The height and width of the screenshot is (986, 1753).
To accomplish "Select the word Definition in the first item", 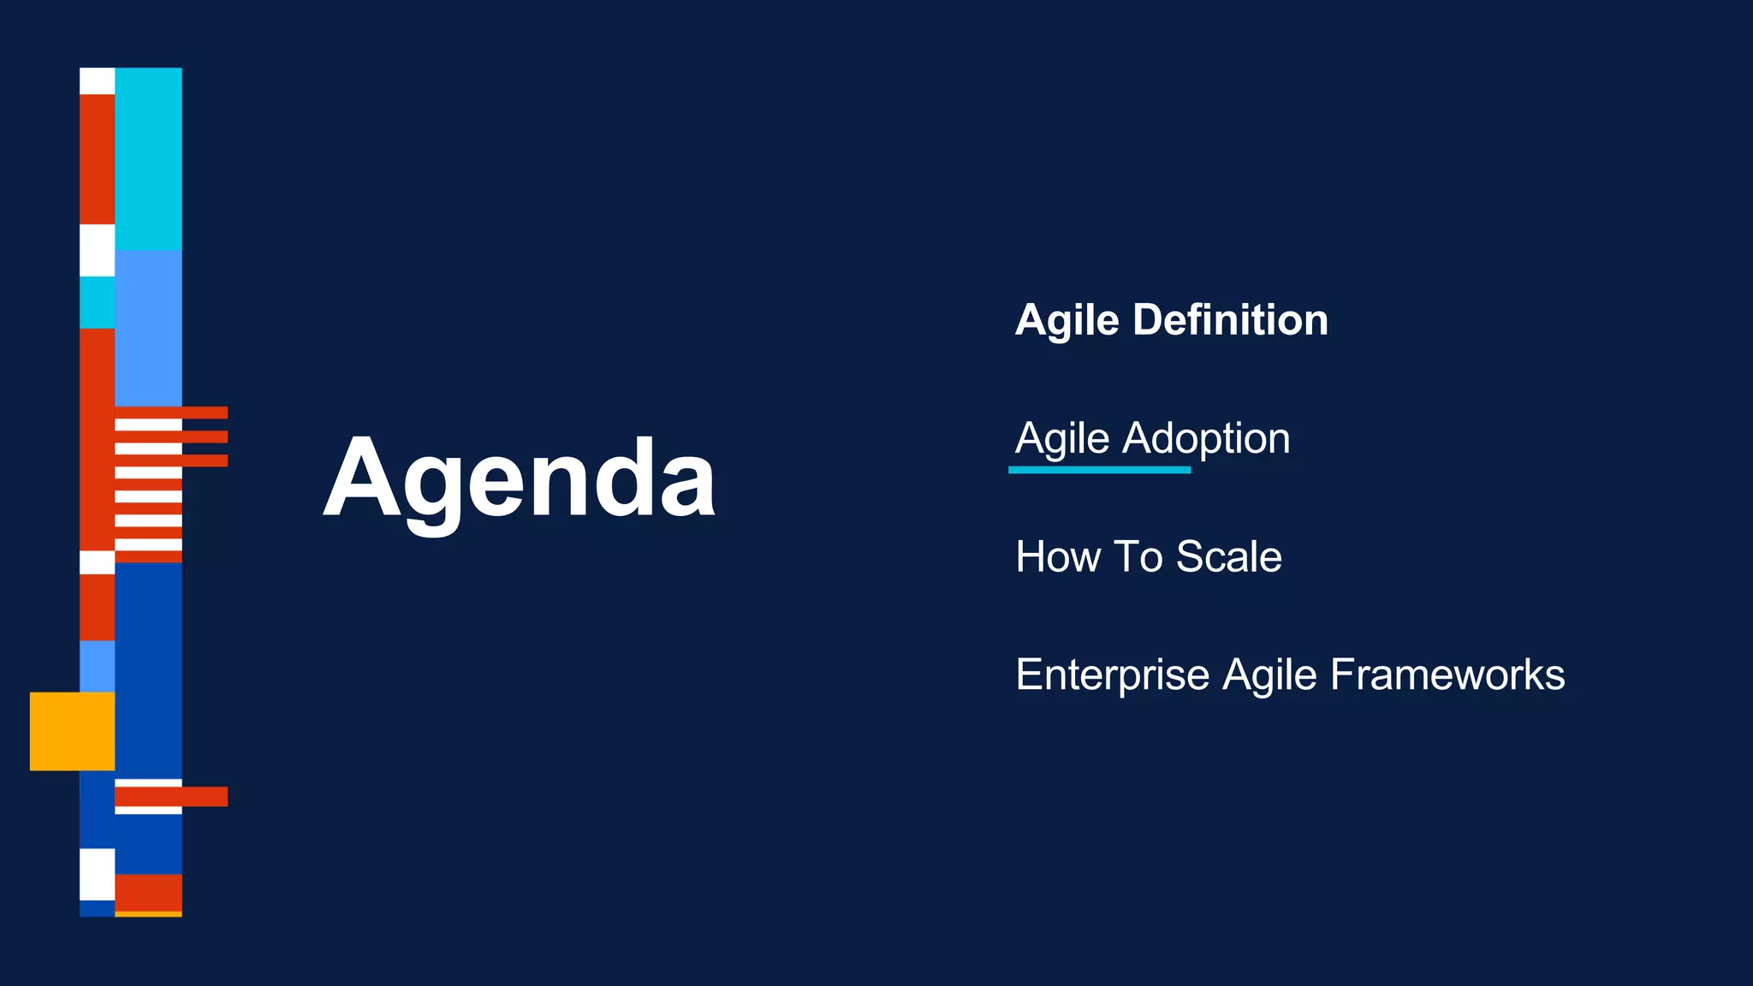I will (x=1230, y=320).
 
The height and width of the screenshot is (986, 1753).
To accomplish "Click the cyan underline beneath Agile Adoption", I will (x=1099, y=470).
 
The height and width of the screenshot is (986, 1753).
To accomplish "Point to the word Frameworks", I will (x=1447, y=675).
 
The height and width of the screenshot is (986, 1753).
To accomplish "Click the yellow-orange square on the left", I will (x=72, y=731).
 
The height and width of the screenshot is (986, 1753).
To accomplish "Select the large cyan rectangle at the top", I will (x=148, y=158).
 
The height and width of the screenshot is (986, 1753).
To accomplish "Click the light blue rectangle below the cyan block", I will (x=148, y=328).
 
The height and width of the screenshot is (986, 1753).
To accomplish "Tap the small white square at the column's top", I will (x=97, y=80).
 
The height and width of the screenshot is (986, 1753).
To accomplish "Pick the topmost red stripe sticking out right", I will (x=205, y=413).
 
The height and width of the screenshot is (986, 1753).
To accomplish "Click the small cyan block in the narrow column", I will (x=97, y=302).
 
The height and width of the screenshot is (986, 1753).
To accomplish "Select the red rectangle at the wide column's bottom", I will (x=148, y=892).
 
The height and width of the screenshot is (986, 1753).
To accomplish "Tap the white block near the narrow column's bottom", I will (x=97, y=873).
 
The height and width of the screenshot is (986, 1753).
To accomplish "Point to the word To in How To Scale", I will (x=1138, y=557).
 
